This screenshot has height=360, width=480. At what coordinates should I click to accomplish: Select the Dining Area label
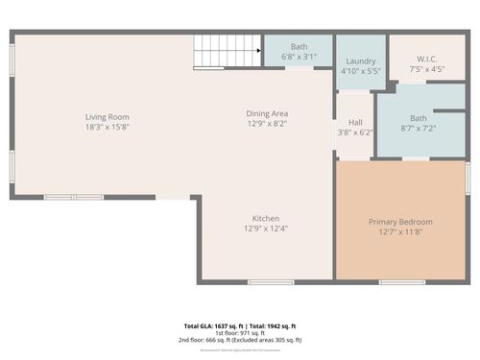coord(267,113)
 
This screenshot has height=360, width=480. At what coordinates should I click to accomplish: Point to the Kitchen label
coord(266,218)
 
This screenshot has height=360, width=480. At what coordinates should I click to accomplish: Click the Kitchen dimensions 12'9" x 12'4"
coord(266,228)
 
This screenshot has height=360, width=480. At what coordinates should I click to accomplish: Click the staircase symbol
coord(228,48)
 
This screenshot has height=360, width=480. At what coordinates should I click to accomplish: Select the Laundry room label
coord(360,60)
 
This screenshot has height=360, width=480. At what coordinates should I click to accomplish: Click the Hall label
coord(355,122)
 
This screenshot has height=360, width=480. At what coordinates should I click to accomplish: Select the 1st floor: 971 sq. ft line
coord(240,333)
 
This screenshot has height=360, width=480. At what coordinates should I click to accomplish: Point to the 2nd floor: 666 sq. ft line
coord(240,340)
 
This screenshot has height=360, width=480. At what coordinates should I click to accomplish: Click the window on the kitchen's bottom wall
coord(271,282)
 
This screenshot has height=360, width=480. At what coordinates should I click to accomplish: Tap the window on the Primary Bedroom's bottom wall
coord(401,282)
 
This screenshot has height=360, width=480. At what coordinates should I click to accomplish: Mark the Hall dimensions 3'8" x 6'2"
coord(355,132)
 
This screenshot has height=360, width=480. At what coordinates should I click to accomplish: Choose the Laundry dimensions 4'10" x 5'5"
coord(360,71)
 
